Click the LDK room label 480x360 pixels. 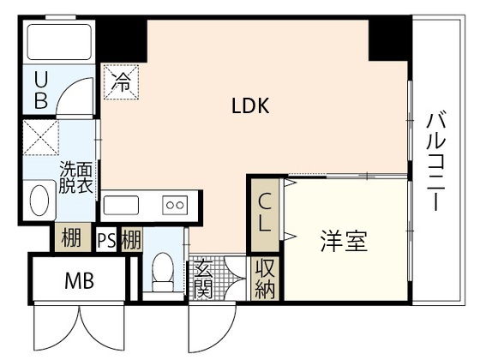(x=250, y=106)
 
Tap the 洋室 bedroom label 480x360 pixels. (x=344, y=241)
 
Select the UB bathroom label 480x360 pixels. (x=41, y=90)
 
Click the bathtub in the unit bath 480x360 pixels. (x=59, y=42)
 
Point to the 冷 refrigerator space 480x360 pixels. (x=121, y=81)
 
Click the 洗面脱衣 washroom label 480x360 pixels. (x=76, y=177)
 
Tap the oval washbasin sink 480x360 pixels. (x=39, y=201)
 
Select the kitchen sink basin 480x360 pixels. (x=121, y=205)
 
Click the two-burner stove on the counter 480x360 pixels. (x=175, y=205)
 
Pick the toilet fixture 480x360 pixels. (x=163, y=272)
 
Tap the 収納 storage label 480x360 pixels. (x=265, y=278)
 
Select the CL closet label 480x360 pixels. (x=265, y=213)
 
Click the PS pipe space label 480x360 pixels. (x=106, y=240)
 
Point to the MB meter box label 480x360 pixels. (x=79, y=281)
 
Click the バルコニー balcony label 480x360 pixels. (x=436, y=161)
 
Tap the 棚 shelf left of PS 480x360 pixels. (x=72, y=237)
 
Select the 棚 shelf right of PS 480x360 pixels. (x=131, y=239)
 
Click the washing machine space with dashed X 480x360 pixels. (x=41, y=137)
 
